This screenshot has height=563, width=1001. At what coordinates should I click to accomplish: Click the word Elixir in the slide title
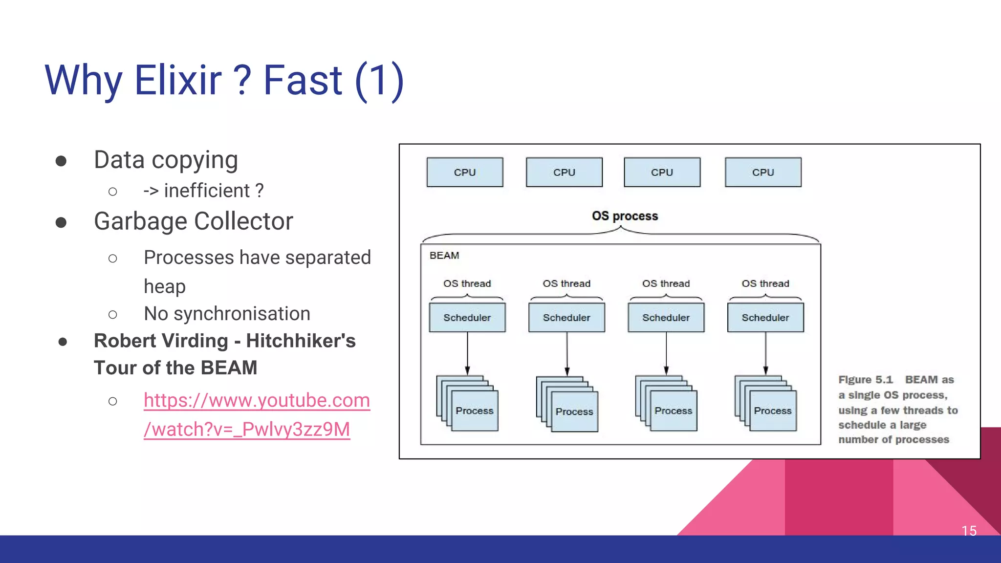click(x=178, y=80)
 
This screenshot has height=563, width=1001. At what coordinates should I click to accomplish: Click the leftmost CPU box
click(x=464, y=172)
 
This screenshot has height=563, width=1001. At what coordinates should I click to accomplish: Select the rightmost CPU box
click(x=762, y=172)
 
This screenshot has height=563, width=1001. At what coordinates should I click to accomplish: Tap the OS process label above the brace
click(x=625, y=216)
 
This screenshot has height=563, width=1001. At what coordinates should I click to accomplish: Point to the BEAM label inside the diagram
click(x=444, y=256)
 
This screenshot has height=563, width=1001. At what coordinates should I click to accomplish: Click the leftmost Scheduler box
click(x=467, y=318)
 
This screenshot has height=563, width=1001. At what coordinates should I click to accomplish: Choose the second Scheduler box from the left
click(x=566, y=318)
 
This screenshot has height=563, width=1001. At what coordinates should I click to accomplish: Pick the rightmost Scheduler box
click(x=765, y=318)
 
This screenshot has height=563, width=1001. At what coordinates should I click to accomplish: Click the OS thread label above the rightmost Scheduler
click(x=765, y=283)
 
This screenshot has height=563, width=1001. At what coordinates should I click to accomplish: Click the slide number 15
click(x=969, y=531)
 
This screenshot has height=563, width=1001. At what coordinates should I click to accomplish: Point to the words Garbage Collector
click(x=193, y=221)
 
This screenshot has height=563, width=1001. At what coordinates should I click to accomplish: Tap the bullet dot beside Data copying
click(x=61, y=161)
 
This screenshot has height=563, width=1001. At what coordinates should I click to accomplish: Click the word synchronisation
click(x=241, y=314)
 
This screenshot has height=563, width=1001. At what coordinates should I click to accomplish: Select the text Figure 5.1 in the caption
click(x=865, y=380)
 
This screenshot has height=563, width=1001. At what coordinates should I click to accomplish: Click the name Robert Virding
click(x=161, y=341)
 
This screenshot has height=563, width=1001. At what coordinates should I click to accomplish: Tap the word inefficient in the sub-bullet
click(x=207, y=191)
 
